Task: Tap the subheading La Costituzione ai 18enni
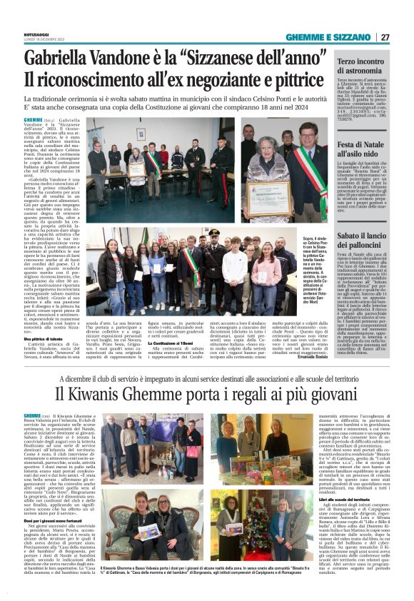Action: click(x=188, y=343)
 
